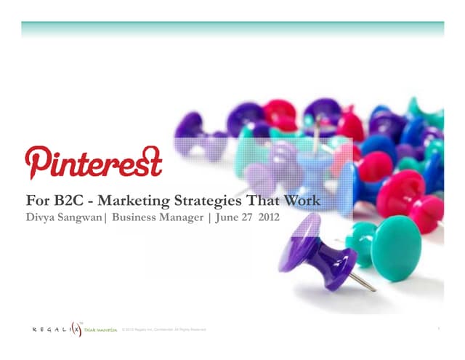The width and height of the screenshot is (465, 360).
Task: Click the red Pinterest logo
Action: click(x=93, y=161)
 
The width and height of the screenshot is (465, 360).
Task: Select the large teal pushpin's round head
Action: click(x=397, y=248)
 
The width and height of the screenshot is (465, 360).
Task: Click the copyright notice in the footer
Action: click(x=165, y=330)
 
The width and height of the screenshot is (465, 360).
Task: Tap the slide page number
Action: click(x=440, y=329)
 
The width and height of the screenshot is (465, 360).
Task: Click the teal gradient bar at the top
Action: click(x=232, y=29)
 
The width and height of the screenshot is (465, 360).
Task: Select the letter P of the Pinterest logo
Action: click(x=36, y=161)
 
